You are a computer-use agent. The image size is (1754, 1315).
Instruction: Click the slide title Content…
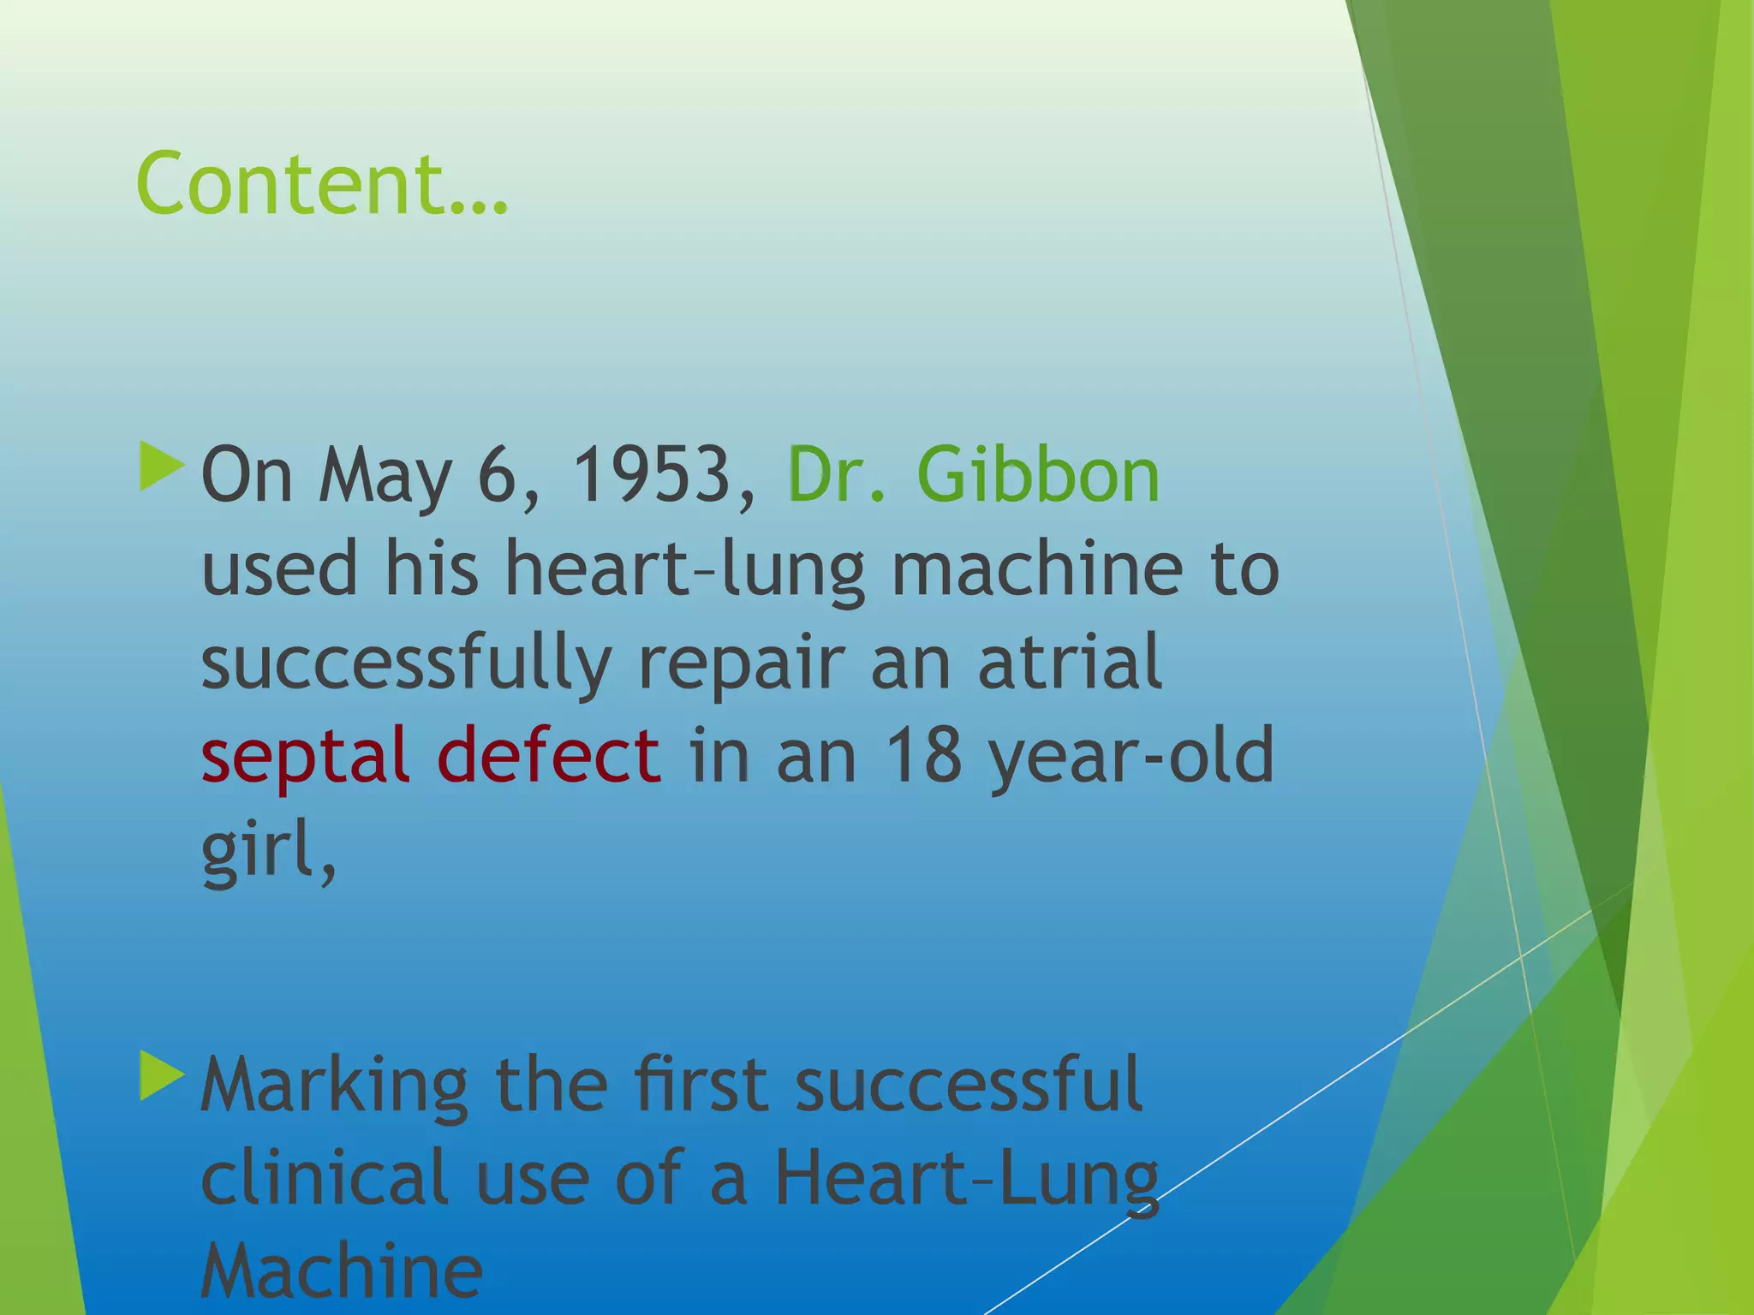[x=322, y=183]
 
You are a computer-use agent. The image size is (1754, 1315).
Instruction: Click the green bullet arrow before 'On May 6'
[x=161, y=467]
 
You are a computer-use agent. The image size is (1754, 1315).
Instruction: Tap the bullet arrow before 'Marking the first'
[x=161, y=1076]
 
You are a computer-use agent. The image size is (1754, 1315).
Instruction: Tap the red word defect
[x=548, y=753]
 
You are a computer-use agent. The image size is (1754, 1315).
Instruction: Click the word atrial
[x=1070, y=661]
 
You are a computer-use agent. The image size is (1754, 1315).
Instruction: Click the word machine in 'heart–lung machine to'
[x=1037, y=568]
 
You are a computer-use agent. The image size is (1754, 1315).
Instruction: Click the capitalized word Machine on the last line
[x=342, y=1270]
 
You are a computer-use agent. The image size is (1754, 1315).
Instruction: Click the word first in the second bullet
[x=701, y=1086]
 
